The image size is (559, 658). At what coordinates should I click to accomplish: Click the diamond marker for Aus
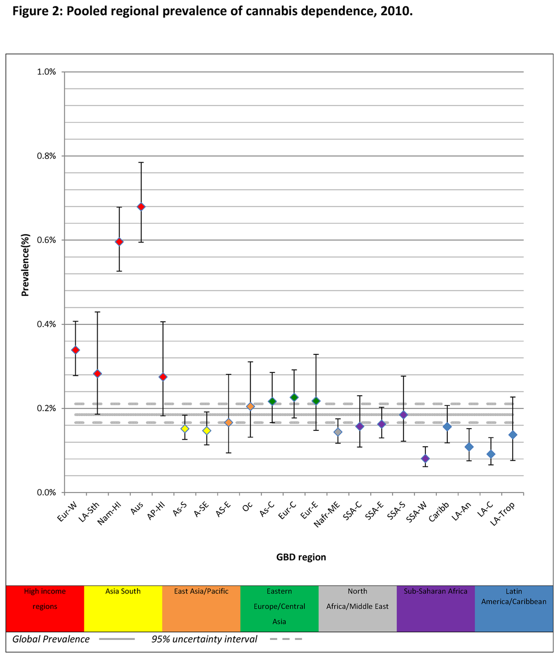tap(141, 206)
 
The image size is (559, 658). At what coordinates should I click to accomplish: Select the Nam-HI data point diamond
tap(119, 241)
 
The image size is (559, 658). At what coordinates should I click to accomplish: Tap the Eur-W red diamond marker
tap(75, 350)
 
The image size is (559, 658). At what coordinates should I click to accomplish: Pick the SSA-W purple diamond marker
tap(425, 458)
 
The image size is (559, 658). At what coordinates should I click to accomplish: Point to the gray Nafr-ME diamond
tap(338, 432)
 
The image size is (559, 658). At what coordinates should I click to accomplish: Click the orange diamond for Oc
tap(250, 406)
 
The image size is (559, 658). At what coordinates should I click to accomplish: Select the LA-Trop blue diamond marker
tap(513, 435)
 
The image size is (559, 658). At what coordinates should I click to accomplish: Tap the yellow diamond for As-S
tap(185, 429)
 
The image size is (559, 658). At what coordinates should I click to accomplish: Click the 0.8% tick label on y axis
tap(46, 156)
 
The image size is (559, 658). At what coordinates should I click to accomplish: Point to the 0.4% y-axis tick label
tap(46, 324)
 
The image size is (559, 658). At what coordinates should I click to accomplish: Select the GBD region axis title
tap(301, 558)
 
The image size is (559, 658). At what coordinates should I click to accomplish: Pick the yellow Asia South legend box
tap(123, 608)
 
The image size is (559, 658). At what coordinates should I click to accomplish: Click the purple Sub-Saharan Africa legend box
tap(436, 608)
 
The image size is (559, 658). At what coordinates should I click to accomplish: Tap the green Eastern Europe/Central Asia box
tap(279, 608)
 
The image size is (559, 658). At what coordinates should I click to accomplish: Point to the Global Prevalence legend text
tap(51, 639)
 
